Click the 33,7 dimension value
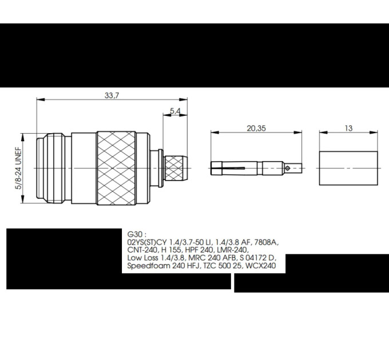(112, 95)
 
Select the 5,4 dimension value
(175, 111)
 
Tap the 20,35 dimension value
(256, 129)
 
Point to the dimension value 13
(348, 128)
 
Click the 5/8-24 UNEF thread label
(19, 168)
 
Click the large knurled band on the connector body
(116, 168)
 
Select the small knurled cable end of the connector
(176, 168)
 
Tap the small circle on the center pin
(287, 168)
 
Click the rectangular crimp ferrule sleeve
(348, 168)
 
